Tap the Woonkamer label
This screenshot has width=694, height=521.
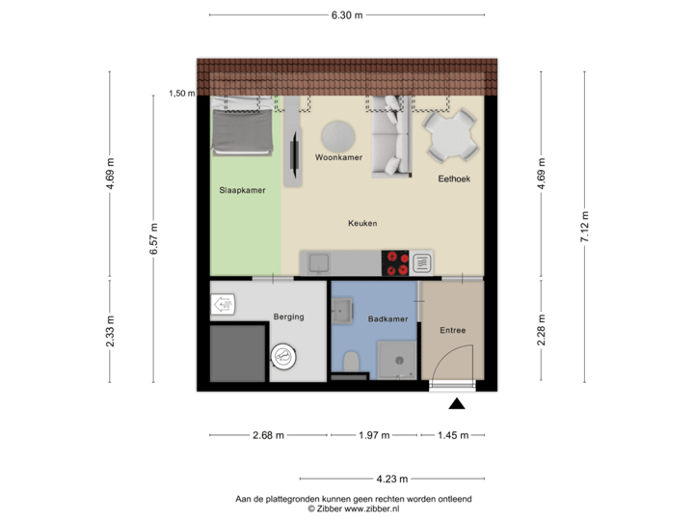point(338,156)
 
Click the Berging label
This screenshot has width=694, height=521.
point(288,316)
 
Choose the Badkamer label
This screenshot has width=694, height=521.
point(387,318)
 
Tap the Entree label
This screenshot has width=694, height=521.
point(453,330)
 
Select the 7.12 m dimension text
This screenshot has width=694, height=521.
point(585,227)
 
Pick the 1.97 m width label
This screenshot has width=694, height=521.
point(374,436)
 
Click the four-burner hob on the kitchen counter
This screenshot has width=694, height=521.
point(396,261)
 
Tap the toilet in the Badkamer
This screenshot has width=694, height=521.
point(352,361)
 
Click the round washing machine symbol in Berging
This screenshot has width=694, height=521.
point(284,356)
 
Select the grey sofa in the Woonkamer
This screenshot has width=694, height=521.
point(390,137)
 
